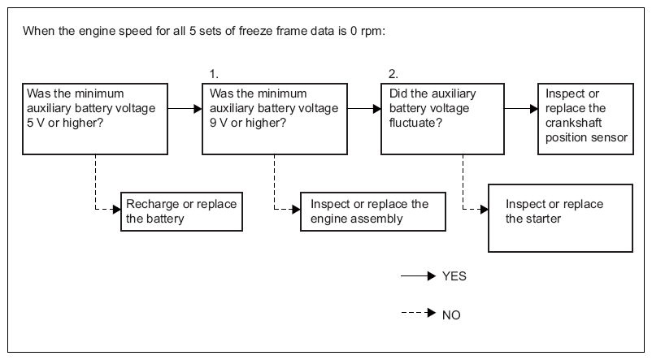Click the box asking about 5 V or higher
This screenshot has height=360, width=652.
pyautogui.click(x=95, y=119)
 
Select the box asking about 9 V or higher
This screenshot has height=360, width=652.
pyautogui.click(x=275, y=119)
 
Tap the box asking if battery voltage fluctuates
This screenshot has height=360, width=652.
pyautogui.click(x=442, y=119)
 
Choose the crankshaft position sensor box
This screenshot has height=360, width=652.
pyautogui.click(x=585, y=119)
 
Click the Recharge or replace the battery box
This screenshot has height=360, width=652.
pyautogui.click(x=181, y=211)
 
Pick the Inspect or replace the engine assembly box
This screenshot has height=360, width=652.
pyautogui.click(x=373, y=211)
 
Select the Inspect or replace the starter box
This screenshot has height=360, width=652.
pyautogui.click(x=560, y=219)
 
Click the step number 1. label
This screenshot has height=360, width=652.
pyautogui.click(x=214, y=74)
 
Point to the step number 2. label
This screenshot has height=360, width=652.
pyautogui.click(x=393, y=74)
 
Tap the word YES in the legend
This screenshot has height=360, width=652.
pyautogui.click(x=454, y=276)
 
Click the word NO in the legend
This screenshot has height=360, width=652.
pyautogui.click(x=451, y=315)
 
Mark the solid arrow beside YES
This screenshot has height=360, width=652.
pyautogui.click(x=419, y=275)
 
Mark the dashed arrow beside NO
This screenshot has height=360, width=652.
pyautogui.click(x=419, y=313)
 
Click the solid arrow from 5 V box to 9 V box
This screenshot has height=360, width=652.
pyautogui.click(x=185, y=109)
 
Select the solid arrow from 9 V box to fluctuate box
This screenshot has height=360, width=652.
pyautogui.click(x=364, y=109)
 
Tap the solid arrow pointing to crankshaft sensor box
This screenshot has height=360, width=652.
pyautogui.click(x=521, y=109)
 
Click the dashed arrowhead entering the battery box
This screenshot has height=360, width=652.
pyautogui.click(x=117, y=209)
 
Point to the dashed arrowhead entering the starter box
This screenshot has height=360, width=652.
pyautogui.click(x=485, y=209)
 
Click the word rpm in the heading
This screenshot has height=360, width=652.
pyautogui.click(x=372, y=32)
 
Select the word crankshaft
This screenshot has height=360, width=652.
pyautogui.click(x=573, y=123)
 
